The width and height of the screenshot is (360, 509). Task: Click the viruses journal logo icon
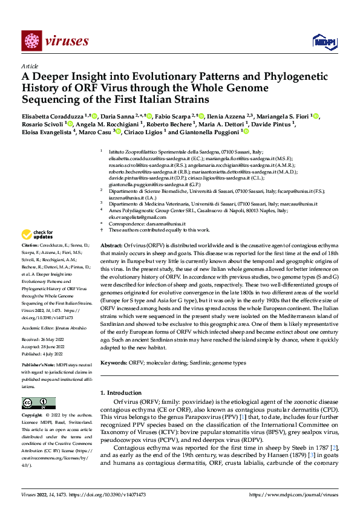coord(30,41)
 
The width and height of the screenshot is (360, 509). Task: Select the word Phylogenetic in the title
coord(266,77)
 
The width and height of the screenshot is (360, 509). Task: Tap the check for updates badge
coord(38,234)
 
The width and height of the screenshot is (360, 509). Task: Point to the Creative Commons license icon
coord(34,403)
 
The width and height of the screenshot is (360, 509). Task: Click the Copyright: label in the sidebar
coord(33,416)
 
